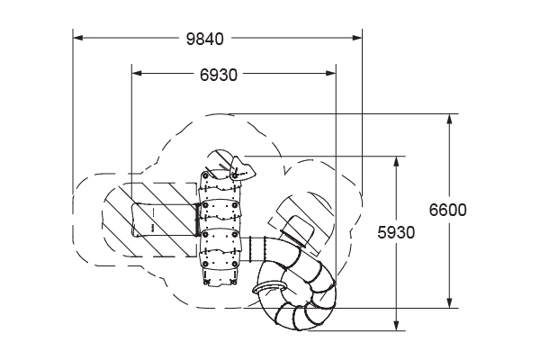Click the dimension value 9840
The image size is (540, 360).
coord(204,39)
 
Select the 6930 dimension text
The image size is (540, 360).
coord(219,75)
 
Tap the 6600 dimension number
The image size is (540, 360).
coord(447,210)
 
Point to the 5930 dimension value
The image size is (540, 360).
coord(396,232)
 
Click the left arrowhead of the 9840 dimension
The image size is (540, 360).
coord(77,38)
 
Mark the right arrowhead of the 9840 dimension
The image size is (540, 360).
coord(357,38)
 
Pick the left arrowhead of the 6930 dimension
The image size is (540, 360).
coord(137,73)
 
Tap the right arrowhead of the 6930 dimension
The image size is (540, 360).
coord(331,73)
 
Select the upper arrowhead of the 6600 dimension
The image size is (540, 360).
coord(449,119)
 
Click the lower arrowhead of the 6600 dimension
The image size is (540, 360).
coord(449,302)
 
